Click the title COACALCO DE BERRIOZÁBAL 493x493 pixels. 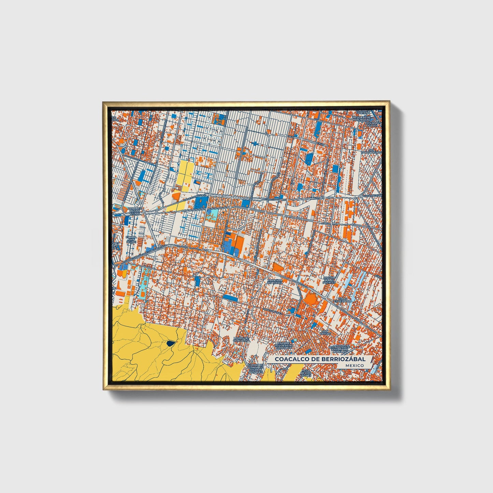[320, 359]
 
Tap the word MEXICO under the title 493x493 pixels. [354, 365]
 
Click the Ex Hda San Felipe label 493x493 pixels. [131, 239]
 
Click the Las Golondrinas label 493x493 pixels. [368, 151]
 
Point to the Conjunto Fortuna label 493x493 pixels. [363, 112]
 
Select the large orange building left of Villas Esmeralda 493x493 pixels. [310, 299]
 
